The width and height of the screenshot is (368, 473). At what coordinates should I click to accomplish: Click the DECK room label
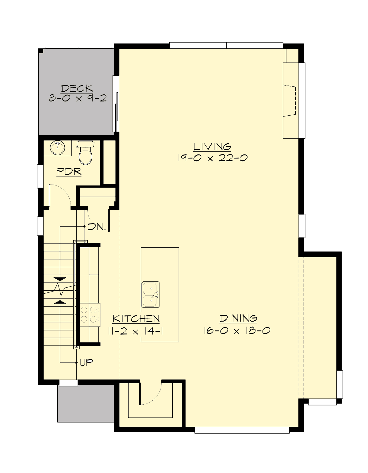77,88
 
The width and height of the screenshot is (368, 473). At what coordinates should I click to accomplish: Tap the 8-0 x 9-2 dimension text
78,98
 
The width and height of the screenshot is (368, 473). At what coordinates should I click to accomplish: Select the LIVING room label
212,147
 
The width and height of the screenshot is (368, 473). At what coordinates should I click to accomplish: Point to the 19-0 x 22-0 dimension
212,158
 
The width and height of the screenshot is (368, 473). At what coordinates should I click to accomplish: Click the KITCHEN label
136,319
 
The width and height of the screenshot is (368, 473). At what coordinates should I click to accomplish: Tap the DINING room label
238,319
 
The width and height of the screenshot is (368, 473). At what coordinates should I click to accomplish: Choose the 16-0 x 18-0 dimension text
237,331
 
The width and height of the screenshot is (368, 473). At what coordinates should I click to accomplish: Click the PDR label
69,172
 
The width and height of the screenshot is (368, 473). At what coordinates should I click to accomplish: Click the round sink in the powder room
57,148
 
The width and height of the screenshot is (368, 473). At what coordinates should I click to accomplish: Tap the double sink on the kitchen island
150,295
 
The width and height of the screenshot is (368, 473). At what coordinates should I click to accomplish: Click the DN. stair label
97,227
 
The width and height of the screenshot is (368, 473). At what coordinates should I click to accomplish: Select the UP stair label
86,363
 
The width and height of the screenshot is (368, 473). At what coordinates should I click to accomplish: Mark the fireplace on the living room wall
290,101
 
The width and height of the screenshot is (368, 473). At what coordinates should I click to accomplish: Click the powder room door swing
60,195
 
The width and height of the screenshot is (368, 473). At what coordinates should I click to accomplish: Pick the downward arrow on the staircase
60,279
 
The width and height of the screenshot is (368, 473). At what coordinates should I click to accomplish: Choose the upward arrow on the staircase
60,302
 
